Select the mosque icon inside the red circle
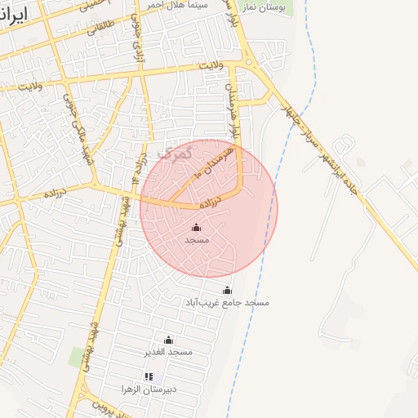click(x=196, y=228)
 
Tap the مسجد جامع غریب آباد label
click(x=228, y=302)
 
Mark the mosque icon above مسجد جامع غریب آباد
click(x=227, y=291)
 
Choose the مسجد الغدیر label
click(x=169, y=352)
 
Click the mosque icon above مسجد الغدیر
click(x=169, y=340)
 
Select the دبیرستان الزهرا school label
click(x=149, y=389)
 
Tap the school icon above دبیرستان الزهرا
click(x=149, y=376)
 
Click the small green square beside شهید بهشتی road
click(x=78, y=357)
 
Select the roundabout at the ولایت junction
click(x=248, y=62)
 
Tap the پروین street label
click(x=100, y=405)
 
